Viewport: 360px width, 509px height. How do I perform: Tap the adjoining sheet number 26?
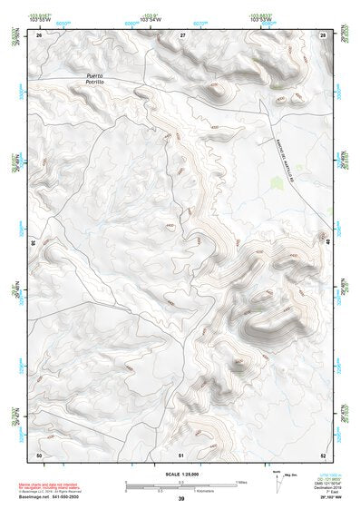click(39, 34)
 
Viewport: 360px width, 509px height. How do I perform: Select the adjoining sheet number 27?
click(182, 34)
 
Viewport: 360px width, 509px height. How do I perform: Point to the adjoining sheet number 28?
click(323, 34)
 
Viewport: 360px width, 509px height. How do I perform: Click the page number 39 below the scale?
click(181, 499)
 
